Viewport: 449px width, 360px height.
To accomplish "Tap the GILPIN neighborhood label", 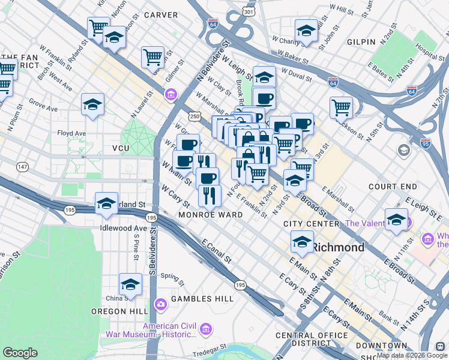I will (361, 42).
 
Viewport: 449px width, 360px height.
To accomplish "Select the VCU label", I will (104, 148).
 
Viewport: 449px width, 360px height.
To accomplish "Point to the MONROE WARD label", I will (210, 215).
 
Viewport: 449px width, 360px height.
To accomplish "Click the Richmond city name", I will (339, 247).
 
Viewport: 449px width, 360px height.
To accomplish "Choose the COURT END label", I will (393, 187).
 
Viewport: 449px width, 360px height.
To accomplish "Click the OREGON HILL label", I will (116, 311).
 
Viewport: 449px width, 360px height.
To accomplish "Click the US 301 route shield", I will (249, 11).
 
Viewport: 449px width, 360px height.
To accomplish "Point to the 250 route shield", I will (196, 115).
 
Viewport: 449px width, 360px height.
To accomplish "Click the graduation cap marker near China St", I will (130, 284).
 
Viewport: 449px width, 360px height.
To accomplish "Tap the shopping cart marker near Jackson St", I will (341, 107).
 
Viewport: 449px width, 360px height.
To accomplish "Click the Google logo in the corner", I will (20, 353).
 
